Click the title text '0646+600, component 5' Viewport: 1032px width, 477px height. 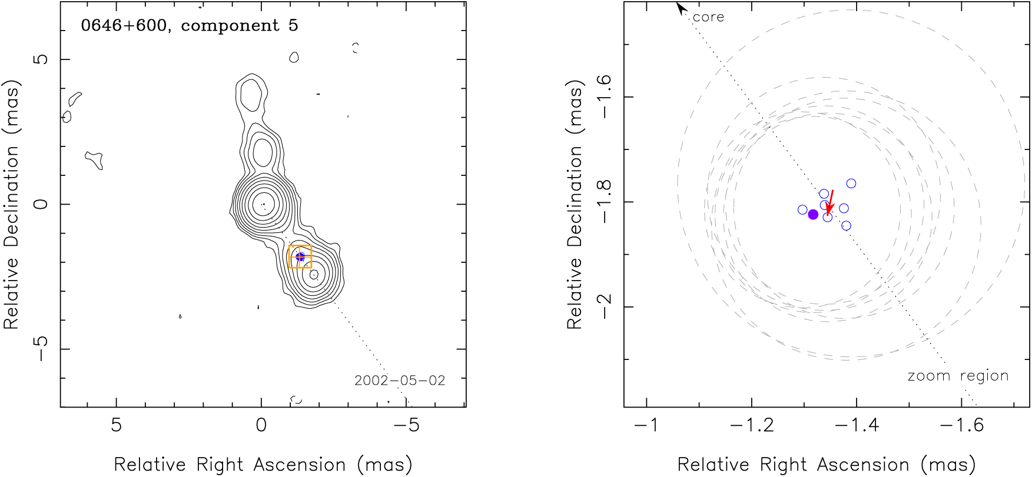pos(189,26)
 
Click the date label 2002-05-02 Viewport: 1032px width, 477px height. pos(400,381)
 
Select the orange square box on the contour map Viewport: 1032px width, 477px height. pos(300,256)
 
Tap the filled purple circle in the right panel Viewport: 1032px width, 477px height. pos(813,215)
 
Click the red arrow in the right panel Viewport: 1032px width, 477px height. pos(830,202)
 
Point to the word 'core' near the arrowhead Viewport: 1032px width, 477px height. pos(708,17)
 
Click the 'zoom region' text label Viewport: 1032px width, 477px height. pos(958,376)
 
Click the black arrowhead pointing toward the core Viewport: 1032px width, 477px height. pos(681,8)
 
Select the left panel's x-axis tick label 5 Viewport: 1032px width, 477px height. pos(116,425)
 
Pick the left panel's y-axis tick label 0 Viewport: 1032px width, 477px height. pos(40,204)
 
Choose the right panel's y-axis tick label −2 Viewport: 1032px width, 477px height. pos(605,306)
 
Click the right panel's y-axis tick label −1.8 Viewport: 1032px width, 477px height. pos(605,201)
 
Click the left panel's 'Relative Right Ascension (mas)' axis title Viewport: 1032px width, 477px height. pos(263,465)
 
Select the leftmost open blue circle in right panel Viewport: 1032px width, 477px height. pos(802,209)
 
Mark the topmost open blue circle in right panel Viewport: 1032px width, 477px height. pos(851,184)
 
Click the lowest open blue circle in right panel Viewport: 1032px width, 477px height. pos(846,226)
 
